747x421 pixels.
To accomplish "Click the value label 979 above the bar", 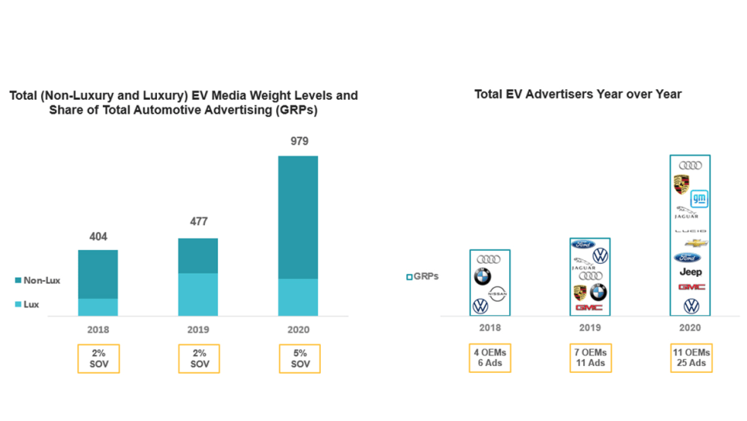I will pos(299,142).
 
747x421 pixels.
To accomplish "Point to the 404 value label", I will pos(98,237).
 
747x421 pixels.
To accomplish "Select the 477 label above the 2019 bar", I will pos(198,222).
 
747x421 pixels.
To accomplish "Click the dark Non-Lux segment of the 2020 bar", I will pos(298,217).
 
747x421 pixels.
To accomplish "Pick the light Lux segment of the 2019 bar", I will pos(198,294).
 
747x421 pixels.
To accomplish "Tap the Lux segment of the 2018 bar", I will pos(98,307).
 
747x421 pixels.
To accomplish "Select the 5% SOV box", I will pos(300,358).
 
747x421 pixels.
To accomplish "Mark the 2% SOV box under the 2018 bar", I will pos(98,358).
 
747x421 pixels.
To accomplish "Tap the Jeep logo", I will pos(691,272).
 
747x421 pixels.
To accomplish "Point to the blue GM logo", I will pos(700,198).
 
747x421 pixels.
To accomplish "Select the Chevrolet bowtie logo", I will pos(696,243).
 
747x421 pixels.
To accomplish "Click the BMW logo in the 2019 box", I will pos(598,291).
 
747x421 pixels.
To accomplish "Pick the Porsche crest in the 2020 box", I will pos(681,185).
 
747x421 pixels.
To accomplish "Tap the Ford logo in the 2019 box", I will pos(583,245).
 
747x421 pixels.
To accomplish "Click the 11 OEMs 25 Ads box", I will pos(691,358).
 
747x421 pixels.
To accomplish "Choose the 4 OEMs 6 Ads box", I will pos(489,358).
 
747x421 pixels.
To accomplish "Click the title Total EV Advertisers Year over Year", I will pos(578,95).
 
